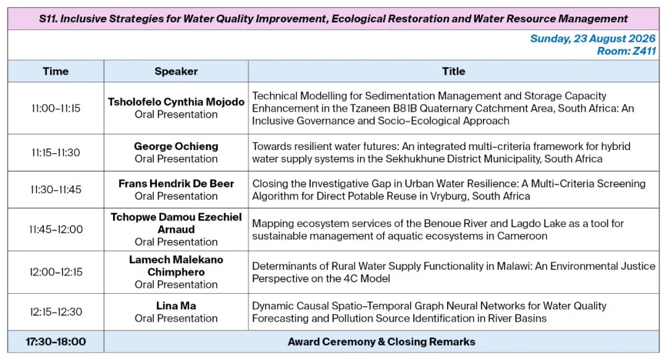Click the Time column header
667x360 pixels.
click(56, 71)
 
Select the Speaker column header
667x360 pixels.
click(176, 71)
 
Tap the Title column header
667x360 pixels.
click(453, 71)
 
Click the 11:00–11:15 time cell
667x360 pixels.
click(56, 108)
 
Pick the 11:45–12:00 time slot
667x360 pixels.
click(56, 229)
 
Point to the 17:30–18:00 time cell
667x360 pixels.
click(56, 341)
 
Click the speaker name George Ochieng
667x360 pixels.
click(176, 146)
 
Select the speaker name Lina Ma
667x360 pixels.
click(176, 306)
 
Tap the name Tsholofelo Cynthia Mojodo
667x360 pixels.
click(176, 102)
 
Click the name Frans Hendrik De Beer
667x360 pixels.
click(176, 183)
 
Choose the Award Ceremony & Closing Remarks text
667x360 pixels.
click(382, 341)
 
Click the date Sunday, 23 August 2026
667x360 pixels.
click(592, 38)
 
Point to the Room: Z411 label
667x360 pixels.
click(626, 51)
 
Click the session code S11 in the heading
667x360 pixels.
click(48, 19)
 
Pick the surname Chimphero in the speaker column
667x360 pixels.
click(176, 272)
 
